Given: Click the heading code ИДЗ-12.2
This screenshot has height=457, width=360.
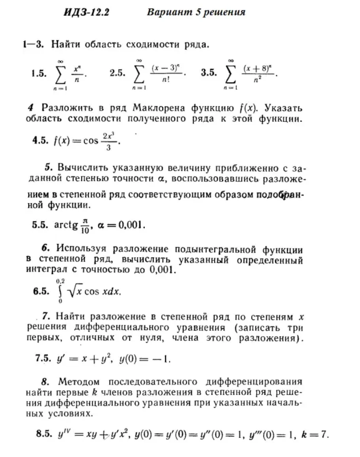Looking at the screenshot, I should tap(86, 13).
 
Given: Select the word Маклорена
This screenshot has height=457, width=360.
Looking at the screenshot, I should tap(160, 107).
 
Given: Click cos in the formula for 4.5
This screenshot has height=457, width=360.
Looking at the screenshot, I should tap(91, 142).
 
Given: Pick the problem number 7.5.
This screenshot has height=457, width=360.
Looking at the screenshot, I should tap(44, 359).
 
